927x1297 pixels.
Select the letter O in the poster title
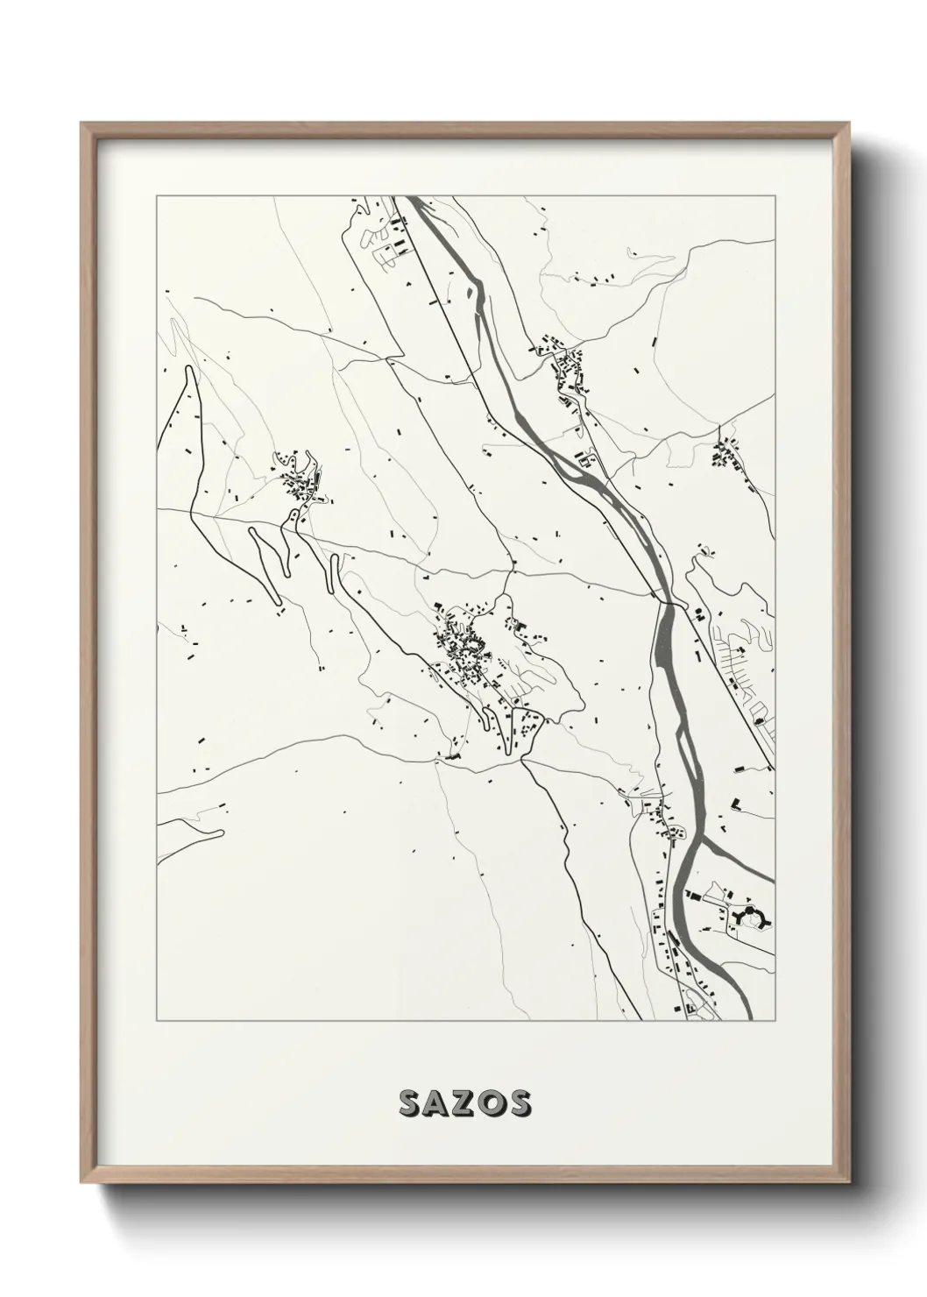(491, 1103)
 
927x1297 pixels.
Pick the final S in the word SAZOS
(518, 1103)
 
